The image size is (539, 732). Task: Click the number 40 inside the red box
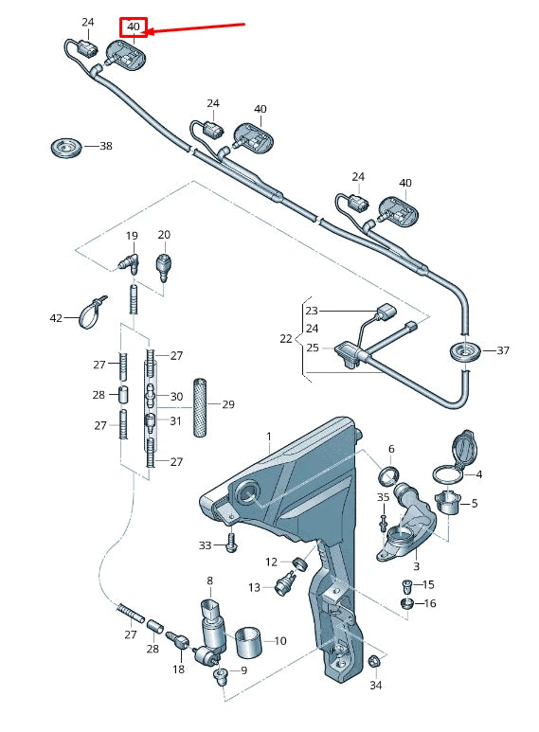[133, 27]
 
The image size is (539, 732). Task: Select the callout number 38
[105, 147]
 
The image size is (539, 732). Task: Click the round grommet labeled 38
[65, 148]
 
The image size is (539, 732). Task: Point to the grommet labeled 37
[464, 352]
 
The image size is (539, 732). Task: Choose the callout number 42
[56, 319]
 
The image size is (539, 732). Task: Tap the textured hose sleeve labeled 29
[200, 407]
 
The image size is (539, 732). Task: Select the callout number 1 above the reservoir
[268, 437]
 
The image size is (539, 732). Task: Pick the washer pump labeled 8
[210, 625]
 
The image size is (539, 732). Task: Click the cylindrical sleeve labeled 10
[249, 639]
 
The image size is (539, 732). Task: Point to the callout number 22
[287, 338]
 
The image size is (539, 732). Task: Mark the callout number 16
[429, 603]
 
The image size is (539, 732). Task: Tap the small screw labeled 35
[384, 520]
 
